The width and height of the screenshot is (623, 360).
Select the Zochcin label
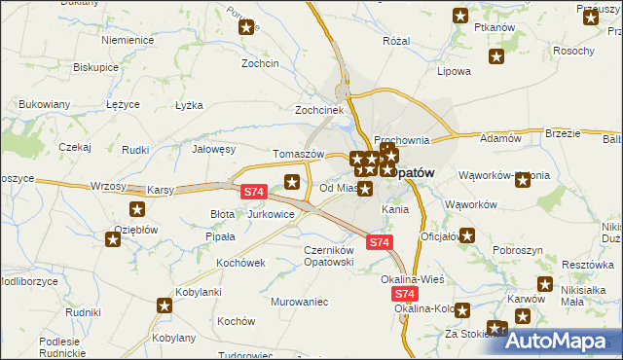pyautogui.click(x=261, y=63)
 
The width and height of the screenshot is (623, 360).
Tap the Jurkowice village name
pyautogui.click(x=272, y=213)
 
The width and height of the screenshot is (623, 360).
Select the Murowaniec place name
pyautogui.click(x=300, y=302)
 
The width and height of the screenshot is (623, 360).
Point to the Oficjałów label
pyautogui.click(x=439, y=236)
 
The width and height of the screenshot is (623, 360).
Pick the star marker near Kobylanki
pyautogui.click(x=164, y=306)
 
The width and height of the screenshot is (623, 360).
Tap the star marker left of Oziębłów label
pyautogui.click(x=112, y=239)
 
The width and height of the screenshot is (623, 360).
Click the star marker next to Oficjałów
pyautogui.click(x=468, y=234)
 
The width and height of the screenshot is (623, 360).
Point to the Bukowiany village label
pyautogui.click(x=44, y=104)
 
